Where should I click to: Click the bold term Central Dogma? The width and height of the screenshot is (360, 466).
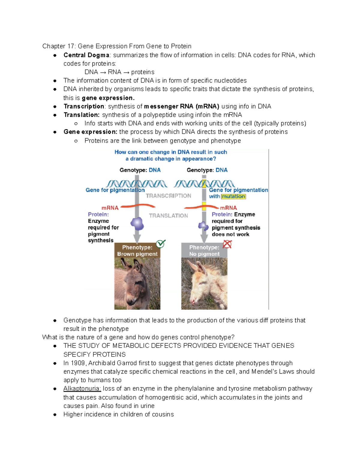tap(86, 55)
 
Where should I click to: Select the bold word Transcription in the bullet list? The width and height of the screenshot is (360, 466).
tap(84, 107)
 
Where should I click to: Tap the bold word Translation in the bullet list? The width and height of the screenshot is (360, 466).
tap(81, 115)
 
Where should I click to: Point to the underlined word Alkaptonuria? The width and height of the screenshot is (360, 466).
tap(82, 389)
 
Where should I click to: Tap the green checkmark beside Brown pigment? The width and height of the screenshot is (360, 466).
tap(161, 244)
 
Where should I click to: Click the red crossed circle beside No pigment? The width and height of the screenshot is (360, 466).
tap(227, 245)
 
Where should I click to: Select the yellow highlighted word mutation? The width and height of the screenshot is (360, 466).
tap(233, 197)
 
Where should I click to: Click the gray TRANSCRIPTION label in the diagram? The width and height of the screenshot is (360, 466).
tap(168, 196)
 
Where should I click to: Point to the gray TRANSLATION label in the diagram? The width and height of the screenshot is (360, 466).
tap(168, 216)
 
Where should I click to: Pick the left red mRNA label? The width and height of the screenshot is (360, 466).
tap(110, 208)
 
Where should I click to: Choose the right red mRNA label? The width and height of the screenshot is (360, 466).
tap(229, 208)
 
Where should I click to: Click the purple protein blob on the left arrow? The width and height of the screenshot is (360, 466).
tap(137, 224)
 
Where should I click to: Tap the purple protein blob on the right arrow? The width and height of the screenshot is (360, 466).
tap(203, 226)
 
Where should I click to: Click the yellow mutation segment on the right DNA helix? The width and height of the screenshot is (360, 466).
tap(204, 183)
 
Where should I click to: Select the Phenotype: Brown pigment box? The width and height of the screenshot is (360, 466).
tap(137, 251)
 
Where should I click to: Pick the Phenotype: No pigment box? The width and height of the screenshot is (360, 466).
tap(204, 251)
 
